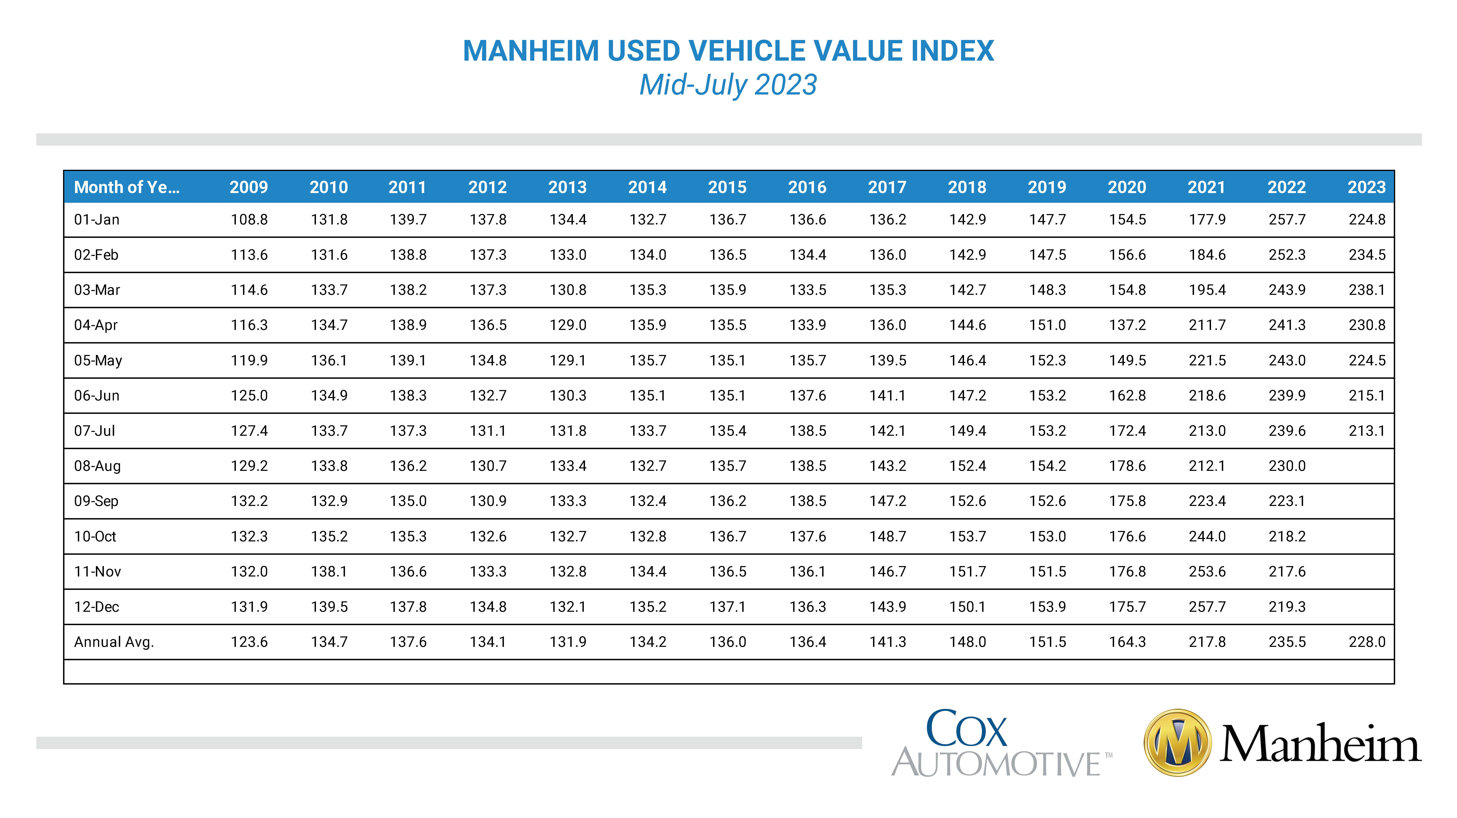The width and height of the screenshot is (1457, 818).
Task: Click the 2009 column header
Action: point(249,187)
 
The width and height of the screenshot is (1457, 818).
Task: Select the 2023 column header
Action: point(1367,187)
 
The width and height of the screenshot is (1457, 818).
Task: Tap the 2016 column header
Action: point(808,187)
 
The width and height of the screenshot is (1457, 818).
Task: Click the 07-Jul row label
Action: point(94,431)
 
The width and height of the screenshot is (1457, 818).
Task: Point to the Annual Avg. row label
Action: point(114,642)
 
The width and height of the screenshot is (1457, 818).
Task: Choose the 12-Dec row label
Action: point(97,607)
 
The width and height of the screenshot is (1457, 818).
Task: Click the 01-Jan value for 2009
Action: point(249,219)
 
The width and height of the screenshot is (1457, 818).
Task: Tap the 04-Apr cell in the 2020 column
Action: point(1127,325)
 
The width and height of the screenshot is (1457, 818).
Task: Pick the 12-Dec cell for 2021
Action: point(1207,607)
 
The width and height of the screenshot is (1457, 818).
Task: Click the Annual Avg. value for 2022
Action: point(1287,642)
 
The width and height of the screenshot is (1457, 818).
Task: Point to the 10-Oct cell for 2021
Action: point(1207,536)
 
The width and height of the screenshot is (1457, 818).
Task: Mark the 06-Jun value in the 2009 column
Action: point(249,395)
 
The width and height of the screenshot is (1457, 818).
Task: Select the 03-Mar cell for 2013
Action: point(568,290)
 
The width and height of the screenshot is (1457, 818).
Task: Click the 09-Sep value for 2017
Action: point(887,501)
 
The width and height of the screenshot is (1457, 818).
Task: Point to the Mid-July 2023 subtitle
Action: point(728,85)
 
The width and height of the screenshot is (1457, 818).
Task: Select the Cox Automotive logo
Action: point(1001,743)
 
